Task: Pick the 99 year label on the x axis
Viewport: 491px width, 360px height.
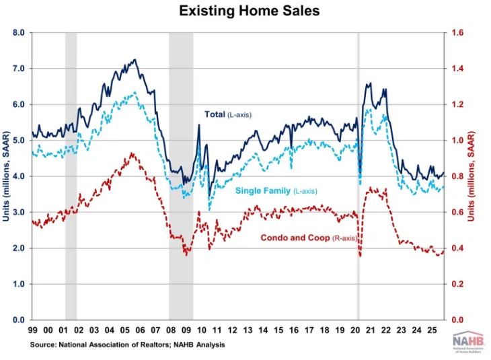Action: (x=32, y=330)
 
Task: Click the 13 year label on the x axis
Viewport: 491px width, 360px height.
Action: (x=247, y=330)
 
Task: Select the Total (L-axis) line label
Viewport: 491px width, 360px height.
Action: (x=227, y=114)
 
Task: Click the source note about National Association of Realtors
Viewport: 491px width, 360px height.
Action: (x=127, y=345)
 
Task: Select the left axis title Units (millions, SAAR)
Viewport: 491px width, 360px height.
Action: (x=6, y=176)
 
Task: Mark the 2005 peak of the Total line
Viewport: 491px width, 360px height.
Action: (x=135, y=60)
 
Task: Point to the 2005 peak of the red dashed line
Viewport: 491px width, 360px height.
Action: (x=133, y=153)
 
